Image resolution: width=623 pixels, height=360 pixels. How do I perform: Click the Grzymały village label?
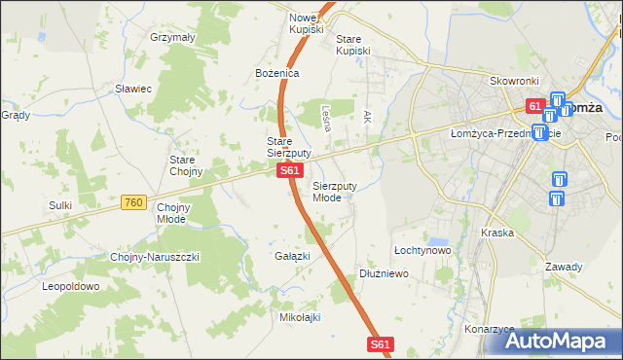pyautogui.click(x=173, y=37)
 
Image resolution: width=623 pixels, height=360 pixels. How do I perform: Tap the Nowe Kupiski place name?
pyautogui.click(x=305, y=23)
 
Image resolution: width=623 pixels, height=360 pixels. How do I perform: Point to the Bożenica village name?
pyautogui.click(x=277, y=73)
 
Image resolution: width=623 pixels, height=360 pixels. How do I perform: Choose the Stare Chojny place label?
pyautogui.click(x=186, y=164)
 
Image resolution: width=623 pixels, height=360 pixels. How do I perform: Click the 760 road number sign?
pyautogui.click(x=134, y=202)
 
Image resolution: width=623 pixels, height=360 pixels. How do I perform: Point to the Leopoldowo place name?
pyautogui.click(x=70, y=287)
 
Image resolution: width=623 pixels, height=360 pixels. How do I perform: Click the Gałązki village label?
pyautogui.click(x=292, y=256)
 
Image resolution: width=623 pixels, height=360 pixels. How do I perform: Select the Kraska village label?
pyautogui.click(x=496, y=234)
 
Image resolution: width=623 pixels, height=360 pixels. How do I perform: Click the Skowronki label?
pyautogui.click(x=515, y=83)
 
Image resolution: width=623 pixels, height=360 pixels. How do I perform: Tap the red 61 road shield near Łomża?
pyautogui.click(x=535, y=105)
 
